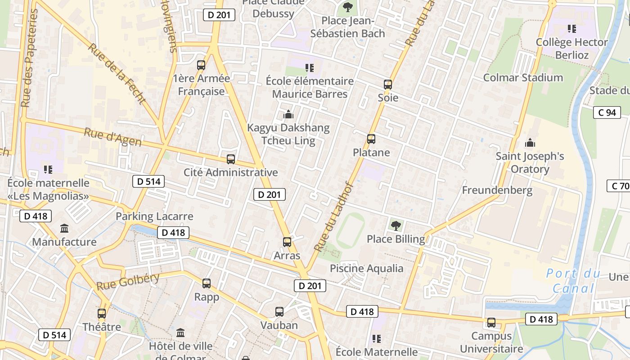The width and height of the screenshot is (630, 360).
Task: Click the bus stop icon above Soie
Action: pyautogui.click(x=387, y=84)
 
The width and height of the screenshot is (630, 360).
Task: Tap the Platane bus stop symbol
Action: pyautogui.click(x=371, y=139)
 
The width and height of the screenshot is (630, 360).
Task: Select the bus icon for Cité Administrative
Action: pyautogui.click(x=231, y=159)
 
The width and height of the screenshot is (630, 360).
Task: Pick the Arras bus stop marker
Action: pyautogui.click(x=287, y=242)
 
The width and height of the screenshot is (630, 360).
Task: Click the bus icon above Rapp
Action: pyautogui.click(x=207, y=283)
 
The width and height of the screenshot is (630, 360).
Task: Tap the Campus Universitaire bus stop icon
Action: pyautogui.click(x=491, y=323)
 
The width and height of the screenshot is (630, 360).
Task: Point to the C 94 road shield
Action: pyautogui.click(x=607, y=112)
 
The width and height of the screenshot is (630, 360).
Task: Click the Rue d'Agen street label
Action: pyautogui.click(x=112, y=138)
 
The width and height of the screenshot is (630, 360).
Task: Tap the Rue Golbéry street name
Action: pyautogui.click(x=128, y=281)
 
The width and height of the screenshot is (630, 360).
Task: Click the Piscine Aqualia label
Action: pyautogui.click(x=367, y=269)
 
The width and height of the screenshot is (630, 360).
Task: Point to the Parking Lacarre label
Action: pyautogui.click(x=154, y=216)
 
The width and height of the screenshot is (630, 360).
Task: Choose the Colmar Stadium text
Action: pyautogui.click(x=523, y=77)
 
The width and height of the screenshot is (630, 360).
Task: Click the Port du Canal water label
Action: pyautogui.click(x=573, y=281)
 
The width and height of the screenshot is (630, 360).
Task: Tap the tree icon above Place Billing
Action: pyautogui.click(x=396, y=225)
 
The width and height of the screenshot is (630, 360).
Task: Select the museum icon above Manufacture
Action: pyautogui.click(x=64, y=228)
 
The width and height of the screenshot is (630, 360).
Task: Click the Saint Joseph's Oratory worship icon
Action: pyautogui.click(x=530, y=143)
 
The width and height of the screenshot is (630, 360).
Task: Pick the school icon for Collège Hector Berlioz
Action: pyautogui.click(x=572, y=29)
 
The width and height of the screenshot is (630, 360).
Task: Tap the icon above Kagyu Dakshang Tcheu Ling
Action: pyautogui.click(x=288, y=114)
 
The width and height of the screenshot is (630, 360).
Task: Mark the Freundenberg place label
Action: pyautogui.click(x=497, y=190)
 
